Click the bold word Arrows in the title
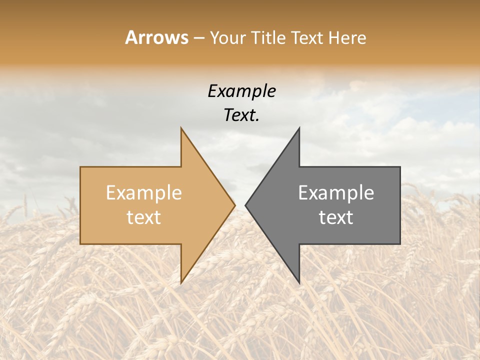pos(157,37)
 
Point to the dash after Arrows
pos(199,38)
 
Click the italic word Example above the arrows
pos(242,91)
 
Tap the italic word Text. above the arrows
pos(242,115)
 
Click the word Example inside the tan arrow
pos(144,193)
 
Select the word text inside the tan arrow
pos(144,217)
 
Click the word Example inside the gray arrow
pos(336,193)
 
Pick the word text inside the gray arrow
pos(336,217)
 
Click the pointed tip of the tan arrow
pos(235,205)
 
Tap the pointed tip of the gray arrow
pos(245,205)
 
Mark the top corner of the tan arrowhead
pos(181,128)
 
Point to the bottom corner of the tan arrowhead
pos(181,282)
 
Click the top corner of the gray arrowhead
pos(299,128)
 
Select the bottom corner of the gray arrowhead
pos(299,282)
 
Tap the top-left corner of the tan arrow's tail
pos(80,167)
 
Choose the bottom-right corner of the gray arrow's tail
pos(400,243)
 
